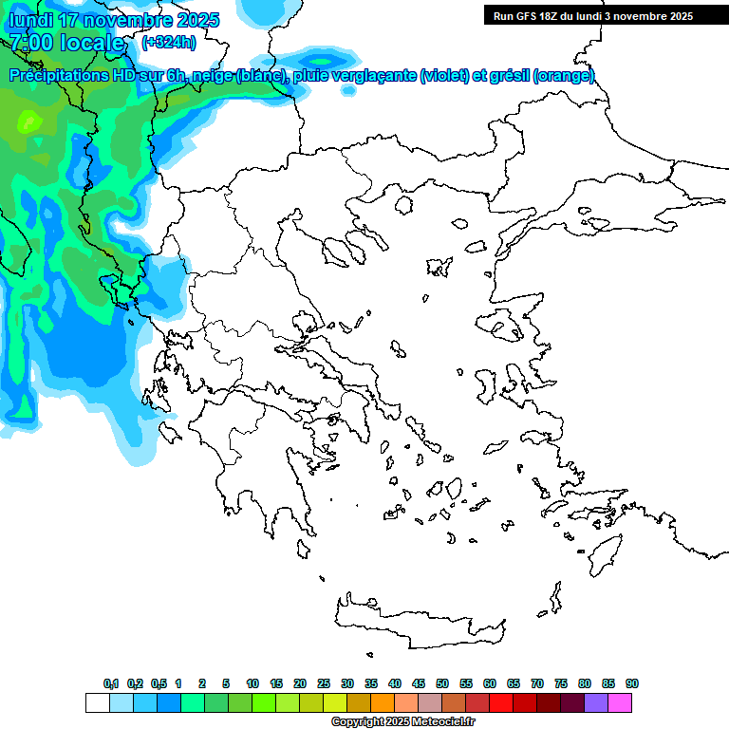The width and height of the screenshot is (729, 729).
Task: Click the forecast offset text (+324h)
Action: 169,42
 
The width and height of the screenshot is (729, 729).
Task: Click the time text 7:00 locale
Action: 66,42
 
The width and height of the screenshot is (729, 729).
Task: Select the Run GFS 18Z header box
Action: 592,15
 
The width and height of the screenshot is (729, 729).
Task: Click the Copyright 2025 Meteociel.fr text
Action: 402,722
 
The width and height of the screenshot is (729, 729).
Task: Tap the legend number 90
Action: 632,683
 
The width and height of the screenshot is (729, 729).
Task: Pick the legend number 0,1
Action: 111,683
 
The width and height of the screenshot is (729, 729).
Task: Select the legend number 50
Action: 442,683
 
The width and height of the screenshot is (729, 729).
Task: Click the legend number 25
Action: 324,683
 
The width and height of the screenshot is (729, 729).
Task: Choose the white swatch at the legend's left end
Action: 97,702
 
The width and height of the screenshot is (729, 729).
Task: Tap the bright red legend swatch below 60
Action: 501,702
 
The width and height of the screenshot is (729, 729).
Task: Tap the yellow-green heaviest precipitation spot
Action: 29,121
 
